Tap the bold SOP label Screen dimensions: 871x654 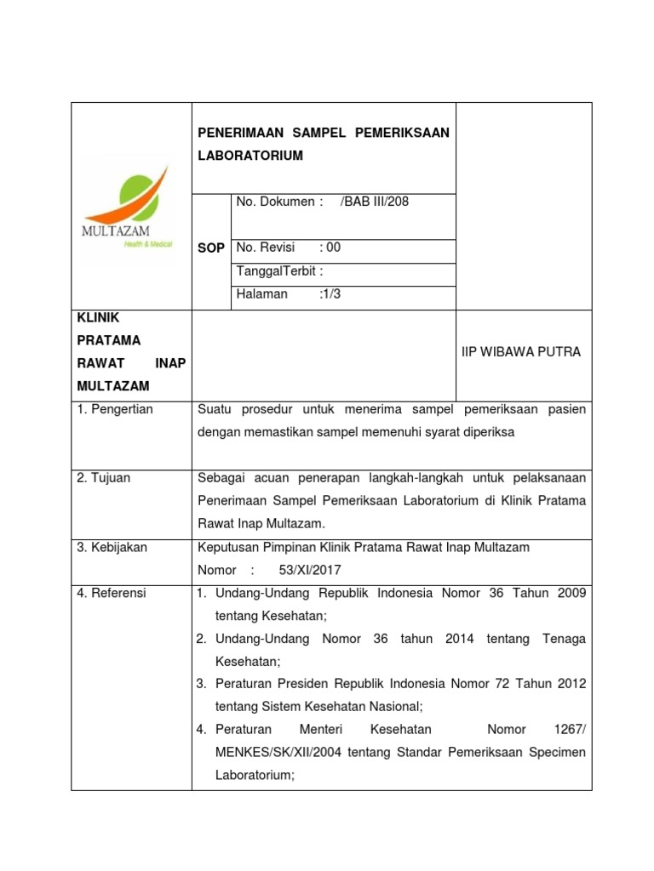211,248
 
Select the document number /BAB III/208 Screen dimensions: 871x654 375,202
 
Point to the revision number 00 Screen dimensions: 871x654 333,248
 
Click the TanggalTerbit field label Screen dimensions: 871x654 279,270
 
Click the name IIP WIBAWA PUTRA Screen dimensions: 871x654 521,351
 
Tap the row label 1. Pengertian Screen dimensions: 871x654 115,409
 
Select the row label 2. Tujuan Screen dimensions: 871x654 104,477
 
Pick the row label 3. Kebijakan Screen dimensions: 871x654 112,547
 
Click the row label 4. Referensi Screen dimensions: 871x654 112,593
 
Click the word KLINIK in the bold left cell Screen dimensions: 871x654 98,317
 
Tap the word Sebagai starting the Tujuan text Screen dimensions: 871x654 221,477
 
